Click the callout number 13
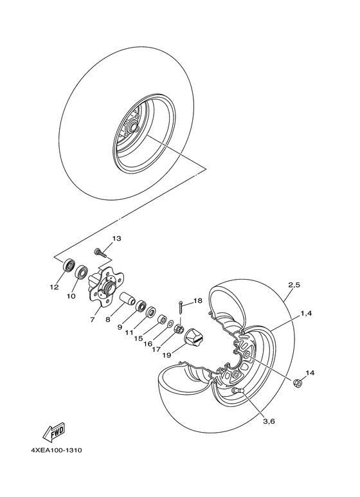116,239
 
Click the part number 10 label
71,297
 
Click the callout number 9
120,327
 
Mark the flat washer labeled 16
165,320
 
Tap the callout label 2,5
295,284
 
